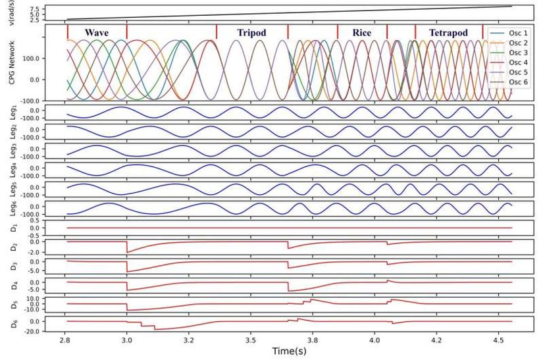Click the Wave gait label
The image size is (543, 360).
click(x=97, y=33)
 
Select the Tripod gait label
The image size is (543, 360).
click(x=252, y=33)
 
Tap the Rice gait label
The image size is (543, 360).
click(x=362, y=33)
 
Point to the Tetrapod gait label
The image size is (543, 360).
click(x=448, y=33)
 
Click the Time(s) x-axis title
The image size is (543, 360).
click(x=292, y=351)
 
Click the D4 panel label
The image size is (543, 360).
click(x=13, y=285)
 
